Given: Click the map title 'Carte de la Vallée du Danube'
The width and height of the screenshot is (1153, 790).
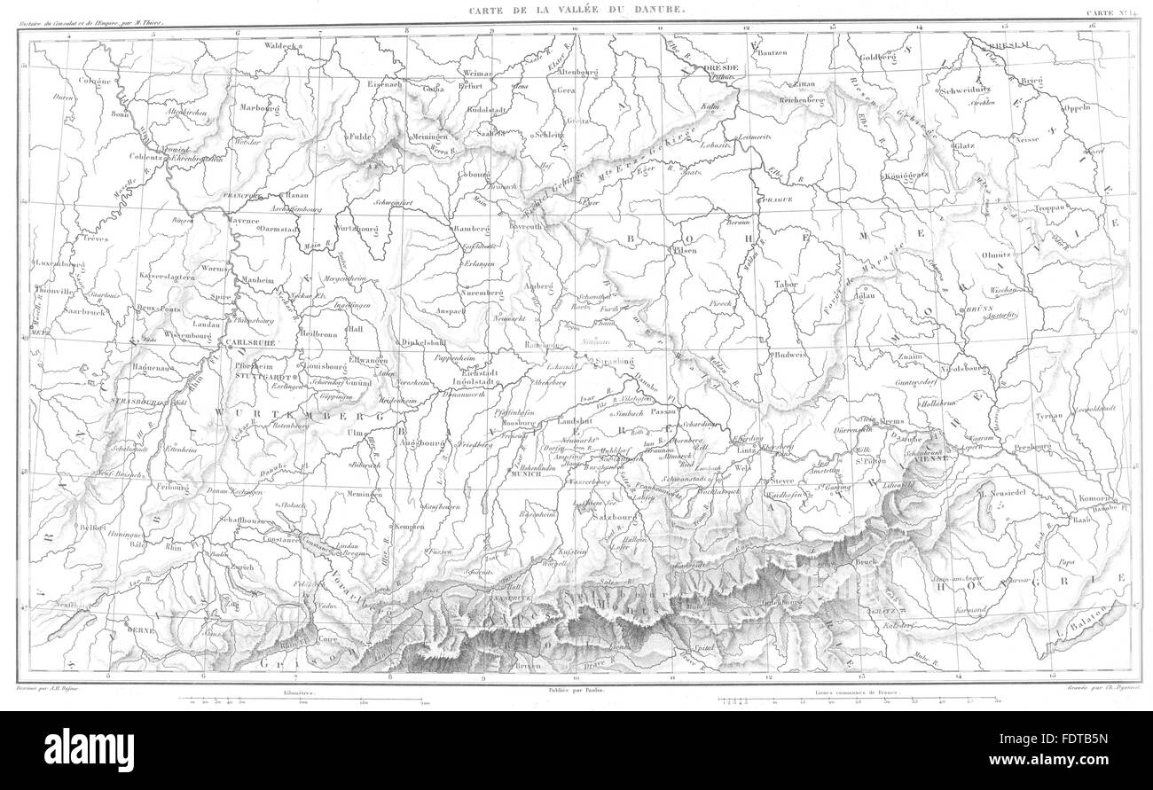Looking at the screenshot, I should [x=576, y=8].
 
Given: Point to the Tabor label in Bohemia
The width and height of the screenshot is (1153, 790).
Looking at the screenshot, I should [x=787, y=285].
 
